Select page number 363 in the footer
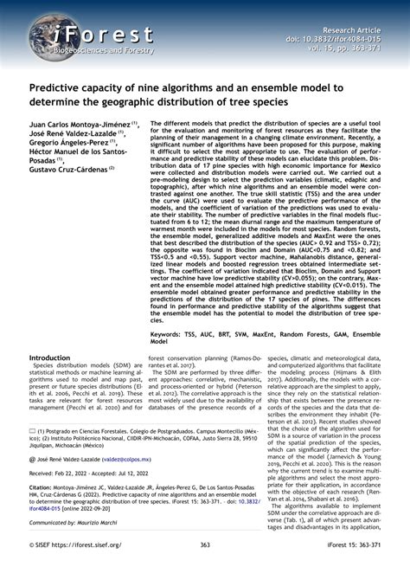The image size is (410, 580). [x=205, y=568]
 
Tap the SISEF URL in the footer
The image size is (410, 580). [x=87, y=568]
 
